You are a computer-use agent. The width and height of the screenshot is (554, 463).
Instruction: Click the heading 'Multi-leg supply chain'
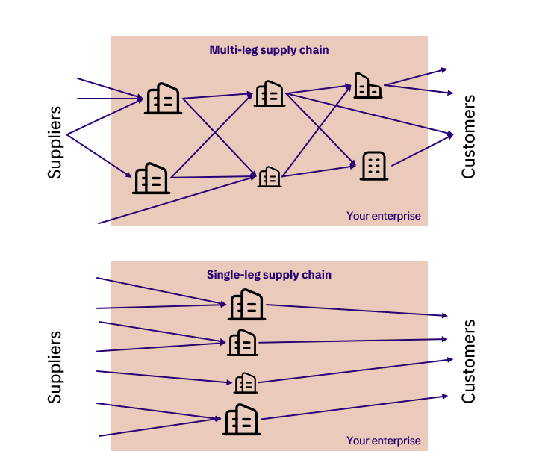pos(269,50)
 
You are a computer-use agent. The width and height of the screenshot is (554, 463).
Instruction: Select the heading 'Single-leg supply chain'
pos(269,275)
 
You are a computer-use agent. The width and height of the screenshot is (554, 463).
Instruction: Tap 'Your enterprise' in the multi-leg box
pos(383,216)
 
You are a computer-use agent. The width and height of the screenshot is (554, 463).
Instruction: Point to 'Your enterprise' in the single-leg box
pos(383,441)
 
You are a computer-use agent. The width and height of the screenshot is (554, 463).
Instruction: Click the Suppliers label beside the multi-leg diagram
pos(55,142)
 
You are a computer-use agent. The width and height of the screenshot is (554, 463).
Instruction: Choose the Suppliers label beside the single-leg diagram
pos(55,366)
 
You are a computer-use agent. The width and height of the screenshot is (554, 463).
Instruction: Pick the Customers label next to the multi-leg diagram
pos(468,137)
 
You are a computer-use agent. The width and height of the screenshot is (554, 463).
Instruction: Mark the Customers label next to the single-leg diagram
pos(468,361)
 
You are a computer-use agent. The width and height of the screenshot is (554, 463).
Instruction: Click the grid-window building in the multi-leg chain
pos(373,166)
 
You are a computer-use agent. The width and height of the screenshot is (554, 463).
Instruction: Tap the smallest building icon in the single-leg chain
pos(246,383)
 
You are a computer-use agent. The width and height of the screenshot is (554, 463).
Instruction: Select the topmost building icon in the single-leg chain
pos(246,305)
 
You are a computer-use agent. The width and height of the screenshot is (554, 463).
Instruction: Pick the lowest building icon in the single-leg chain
pos(241,420)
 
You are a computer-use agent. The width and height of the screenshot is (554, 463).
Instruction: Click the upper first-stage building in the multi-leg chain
pos(163,99)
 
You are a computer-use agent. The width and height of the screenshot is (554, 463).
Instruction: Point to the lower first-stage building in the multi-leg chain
pos(152,178)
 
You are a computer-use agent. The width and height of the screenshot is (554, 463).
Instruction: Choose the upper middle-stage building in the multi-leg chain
pos(268,93)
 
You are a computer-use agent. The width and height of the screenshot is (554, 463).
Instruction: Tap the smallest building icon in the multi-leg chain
pos(269,177)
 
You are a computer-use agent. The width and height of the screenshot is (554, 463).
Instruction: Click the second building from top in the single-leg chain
pos(243,343)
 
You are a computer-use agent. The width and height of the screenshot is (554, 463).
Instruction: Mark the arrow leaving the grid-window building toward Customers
pos(420,149)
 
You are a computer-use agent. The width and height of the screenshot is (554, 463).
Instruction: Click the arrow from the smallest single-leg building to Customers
pos(351,370)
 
